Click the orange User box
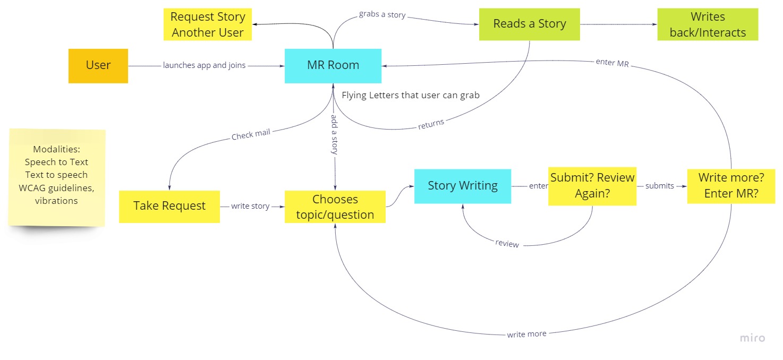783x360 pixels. coord(98,66)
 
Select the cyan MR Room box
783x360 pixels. coord(333,66)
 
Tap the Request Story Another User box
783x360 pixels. coord(208,24)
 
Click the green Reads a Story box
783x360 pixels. coord(529,24)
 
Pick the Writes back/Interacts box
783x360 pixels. coord(708,24)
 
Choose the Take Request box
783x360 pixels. coord(169,207)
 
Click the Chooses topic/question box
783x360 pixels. coord(335,207)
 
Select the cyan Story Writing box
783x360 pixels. coord(462,186)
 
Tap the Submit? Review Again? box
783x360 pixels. coord(592,186)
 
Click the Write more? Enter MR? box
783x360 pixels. coord(731,186)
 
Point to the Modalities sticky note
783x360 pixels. coord(56,176)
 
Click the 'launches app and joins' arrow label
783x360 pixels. coord(205,66)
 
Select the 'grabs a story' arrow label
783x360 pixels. coord(382,15)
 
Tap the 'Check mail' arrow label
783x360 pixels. coord(251,134)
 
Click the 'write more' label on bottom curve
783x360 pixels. coord(526,334)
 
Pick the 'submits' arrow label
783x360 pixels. coord(659,186)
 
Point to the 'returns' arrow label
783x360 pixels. coord(430,124)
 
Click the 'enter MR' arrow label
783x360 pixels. coord(612,63)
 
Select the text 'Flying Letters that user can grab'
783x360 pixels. coord(411,96)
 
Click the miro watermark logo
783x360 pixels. coord(752,338)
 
